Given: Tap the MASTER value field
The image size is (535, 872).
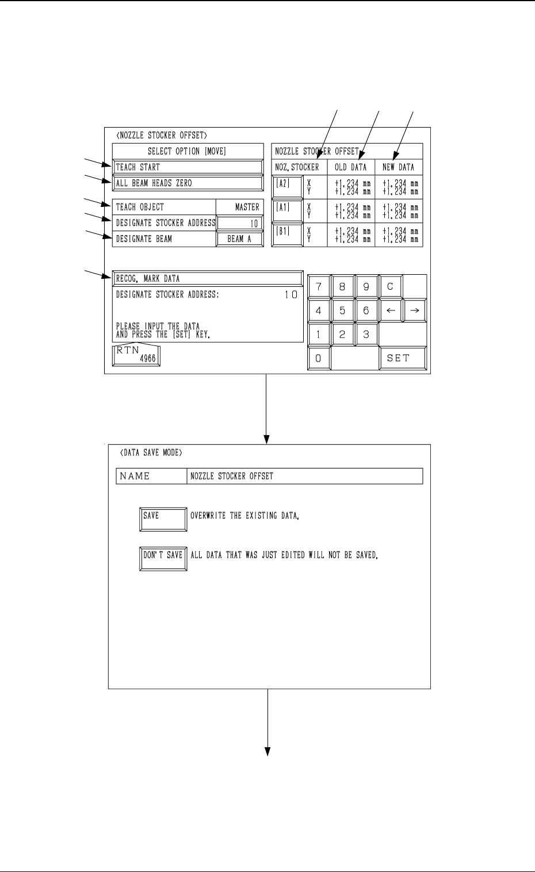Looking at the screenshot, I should click(x=240, y=207).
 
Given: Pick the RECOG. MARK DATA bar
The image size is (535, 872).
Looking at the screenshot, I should click(x=208, y=279).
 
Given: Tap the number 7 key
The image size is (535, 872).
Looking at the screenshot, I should click(x=319, y=286).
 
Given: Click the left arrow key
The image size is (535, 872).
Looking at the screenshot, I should click(x=391, y=311).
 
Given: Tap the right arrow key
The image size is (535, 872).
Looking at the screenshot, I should click(x=415, y=311).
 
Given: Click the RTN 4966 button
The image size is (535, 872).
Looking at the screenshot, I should click(x=136, y=356).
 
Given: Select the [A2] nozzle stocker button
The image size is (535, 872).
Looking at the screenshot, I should click(x=287, y=187).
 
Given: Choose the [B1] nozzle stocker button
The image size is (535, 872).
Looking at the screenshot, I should click(x=287, y=235).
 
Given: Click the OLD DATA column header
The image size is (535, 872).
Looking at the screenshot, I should click(x=351, y=167).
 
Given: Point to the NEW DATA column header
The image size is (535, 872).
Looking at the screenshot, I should click(x=399, y=167).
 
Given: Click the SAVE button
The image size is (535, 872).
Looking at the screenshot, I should click(x=163, y=519).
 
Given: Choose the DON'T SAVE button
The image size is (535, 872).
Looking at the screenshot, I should click(x=163, y=558).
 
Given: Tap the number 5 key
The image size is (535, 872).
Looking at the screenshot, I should click(x=343, y=311).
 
